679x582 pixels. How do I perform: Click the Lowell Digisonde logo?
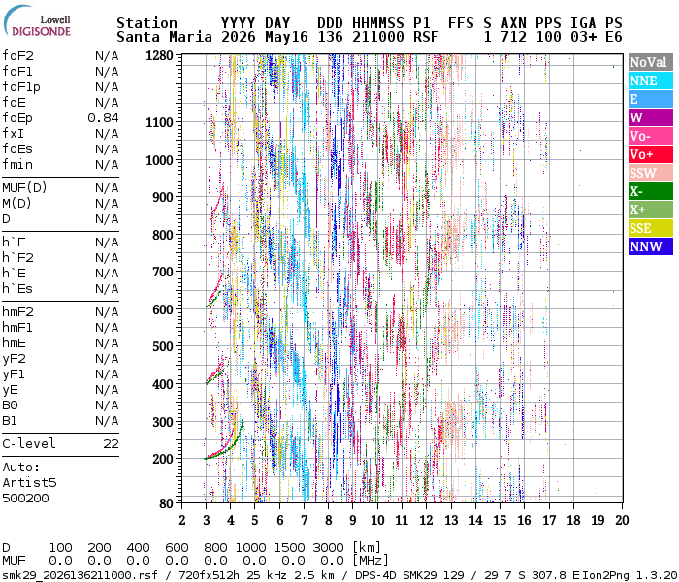[x=37, y=21]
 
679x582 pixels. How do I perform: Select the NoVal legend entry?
[x=651, y=62]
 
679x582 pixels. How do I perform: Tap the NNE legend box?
[x=651, y=81]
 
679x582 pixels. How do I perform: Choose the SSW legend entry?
[x=651, y=173]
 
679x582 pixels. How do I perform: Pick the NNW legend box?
[x=651, y=246]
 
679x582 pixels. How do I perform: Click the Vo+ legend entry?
[x=651, y=154]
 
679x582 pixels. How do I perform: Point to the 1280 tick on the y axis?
[x=159, y=55]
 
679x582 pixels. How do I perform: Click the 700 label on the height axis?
[x=162, y=272]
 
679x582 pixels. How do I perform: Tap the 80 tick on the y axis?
[x=166, y=503]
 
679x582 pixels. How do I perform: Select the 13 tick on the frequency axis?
[x=451, y=520]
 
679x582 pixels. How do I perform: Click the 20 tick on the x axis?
[x=622, y=520]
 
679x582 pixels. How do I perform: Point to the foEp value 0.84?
[x=103, y=117]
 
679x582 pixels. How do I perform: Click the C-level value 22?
[x=111, y=444]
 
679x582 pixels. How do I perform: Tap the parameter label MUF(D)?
[x=24, y=188]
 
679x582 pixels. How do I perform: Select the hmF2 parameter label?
[x=17, y=311]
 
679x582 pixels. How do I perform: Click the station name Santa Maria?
[x=164, y=37]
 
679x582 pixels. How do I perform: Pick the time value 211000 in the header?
[x=378, y=37]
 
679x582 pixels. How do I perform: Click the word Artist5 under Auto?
[x=29, y=482]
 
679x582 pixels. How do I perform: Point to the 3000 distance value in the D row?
[x=329, y=548]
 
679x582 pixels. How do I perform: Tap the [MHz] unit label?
[x=371, y=561]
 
